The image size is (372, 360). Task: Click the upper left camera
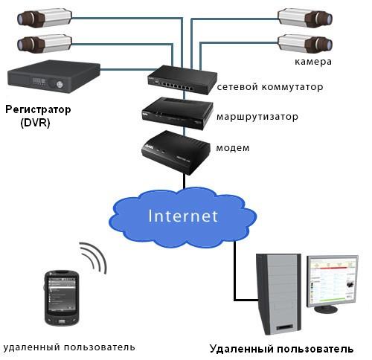click(45, 18)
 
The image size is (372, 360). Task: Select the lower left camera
click(45, 44)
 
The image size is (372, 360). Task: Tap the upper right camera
click(305, 18)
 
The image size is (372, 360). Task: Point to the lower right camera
click(305, 44)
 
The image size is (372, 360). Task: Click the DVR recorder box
click(54, 77)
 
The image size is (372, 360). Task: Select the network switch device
click(182, 80)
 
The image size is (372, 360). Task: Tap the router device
click(178, 113)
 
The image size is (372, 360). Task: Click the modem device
click(176, 152)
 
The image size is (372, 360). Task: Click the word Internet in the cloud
click(183, 216)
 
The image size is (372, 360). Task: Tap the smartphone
click(62, 298)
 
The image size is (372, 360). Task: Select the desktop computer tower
click(279, 294)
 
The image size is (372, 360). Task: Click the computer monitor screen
click(333, 282)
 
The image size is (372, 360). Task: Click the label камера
click(313, 62)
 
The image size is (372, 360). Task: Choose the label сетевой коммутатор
click(270, 87)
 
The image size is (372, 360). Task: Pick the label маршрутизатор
click(257, 117)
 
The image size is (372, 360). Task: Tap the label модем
click(233, 148)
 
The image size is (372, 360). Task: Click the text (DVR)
click(35, 123)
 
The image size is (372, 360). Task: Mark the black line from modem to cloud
click(185, 181)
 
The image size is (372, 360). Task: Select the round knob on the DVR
click(60, 85)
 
